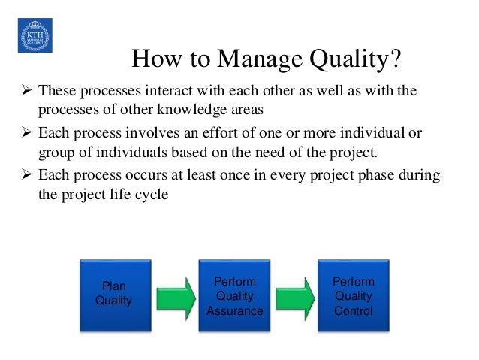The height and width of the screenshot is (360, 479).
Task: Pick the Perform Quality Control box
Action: (x=353, y=295)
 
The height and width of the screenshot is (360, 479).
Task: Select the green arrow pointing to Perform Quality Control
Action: (x=294, y=295)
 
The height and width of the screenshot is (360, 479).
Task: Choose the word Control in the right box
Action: (x=353, y=310)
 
